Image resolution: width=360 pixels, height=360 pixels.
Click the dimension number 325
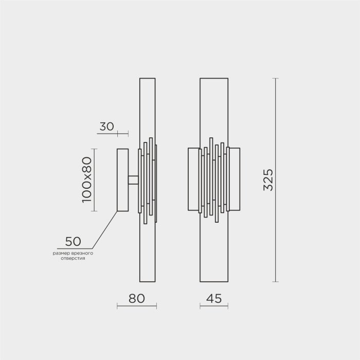click(x=268, y=180)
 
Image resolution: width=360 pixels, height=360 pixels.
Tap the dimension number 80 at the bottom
click(x=137, y=298)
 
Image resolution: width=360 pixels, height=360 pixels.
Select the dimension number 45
click(x=214, y=298)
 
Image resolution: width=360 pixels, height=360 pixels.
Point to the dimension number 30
click(x=107, y=127)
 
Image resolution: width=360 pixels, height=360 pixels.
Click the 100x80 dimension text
click(x=87, y=180)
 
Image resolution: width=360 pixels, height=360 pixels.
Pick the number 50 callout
click(x=73, y=242)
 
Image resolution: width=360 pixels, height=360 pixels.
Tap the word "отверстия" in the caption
click(x=73, y=258)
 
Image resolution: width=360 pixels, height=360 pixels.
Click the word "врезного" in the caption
click(x=82, y=253)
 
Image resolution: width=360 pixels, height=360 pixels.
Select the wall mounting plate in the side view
click(x=122, y=180)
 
